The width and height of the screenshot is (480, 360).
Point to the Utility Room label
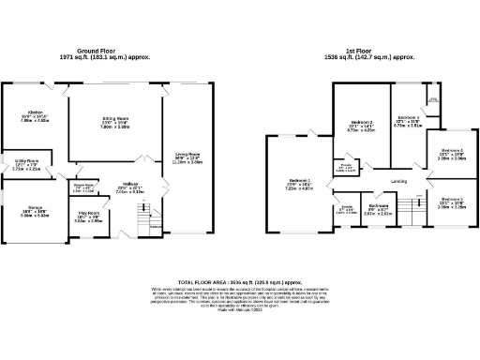25,164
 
